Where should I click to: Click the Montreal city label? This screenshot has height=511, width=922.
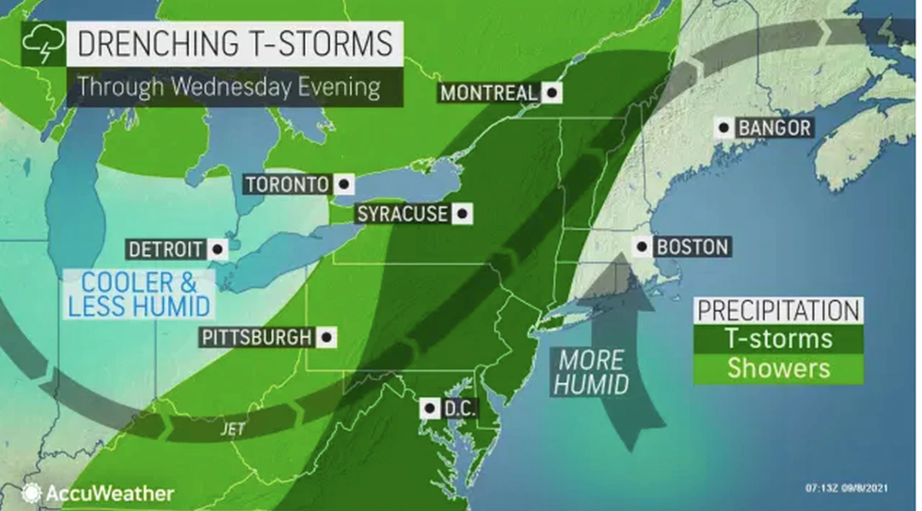click(488, 92)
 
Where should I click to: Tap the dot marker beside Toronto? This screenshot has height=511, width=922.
click(343, 185)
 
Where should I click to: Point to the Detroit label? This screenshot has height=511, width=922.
click(165, 249)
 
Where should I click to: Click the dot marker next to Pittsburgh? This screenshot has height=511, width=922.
click(327, 337)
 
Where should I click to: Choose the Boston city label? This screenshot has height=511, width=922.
click(691, 247)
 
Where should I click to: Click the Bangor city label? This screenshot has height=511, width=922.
click(774, 128)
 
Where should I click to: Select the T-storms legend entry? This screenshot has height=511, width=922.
click(777, 339)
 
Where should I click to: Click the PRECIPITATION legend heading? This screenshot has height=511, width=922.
click(777, 310)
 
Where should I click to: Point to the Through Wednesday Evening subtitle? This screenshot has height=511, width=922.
click(229, 86)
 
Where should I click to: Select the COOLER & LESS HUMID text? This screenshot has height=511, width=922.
click(139, 293)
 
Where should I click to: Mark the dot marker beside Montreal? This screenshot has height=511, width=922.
click(551, 92)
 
